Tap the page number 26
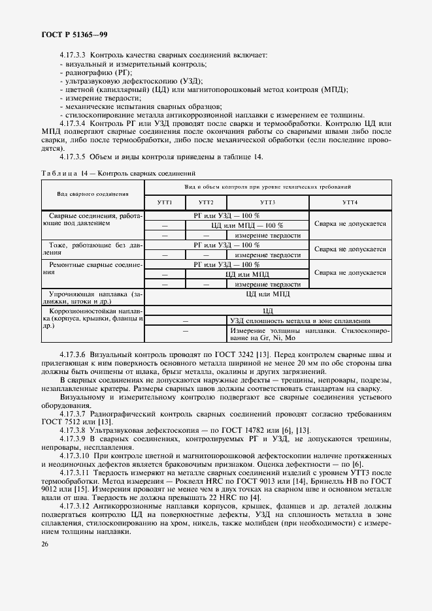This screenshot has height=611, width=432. (x=44, y=544)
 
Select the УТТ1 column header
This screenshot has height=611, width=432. (x=164, y=202)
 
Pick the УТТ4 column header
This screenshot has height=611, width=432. (x=350, y=202)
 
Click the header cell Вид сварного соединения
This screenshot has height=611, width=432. (x=92, y=194)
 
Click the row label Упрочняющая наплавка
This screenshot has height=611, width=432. (x=92, y=298)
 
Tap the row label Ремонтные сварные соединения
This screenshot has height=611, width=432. (x=92, y=270)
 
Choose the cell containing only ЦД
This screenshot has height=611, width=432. (x=267, y=311)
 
